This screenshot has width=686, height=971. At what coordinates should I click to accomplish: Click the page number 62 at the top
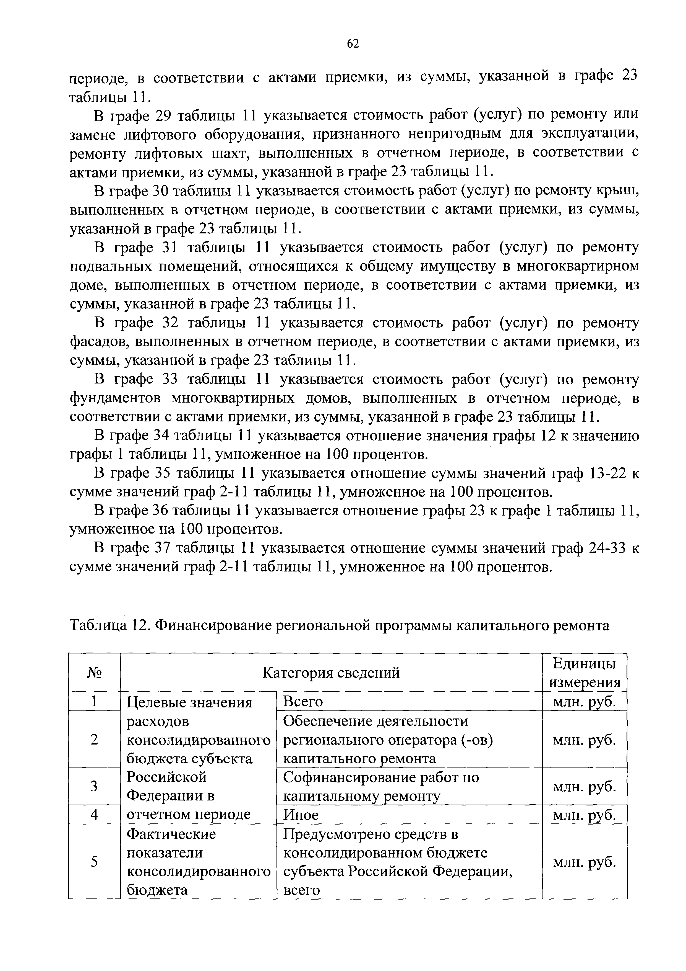[x=353, y=43]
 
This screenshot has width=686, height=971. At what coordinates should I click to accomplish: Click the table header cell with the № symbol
[x=94, y=673]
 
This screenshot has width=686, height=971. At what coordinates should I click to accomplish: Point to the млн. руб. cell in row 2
[x=585, y=740]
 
